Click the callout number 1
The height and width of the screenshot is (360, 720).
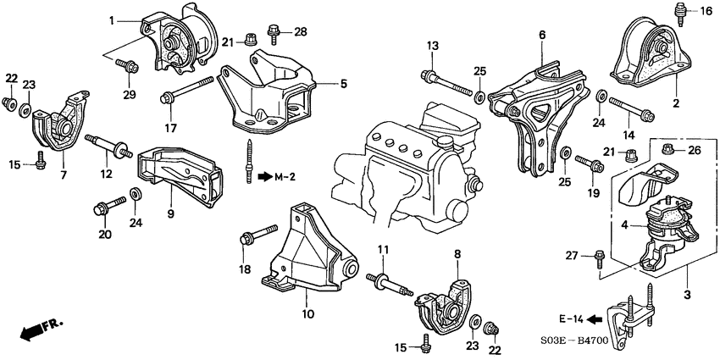click(x=111, y=19)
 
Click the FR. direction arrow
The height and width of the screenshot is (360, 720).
click(x=32, y=331)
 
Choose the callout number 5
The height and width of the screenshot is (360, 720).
click(x=344, y=84)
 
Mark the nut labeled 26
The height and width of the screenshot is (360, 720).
click(x=667, y=152)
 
